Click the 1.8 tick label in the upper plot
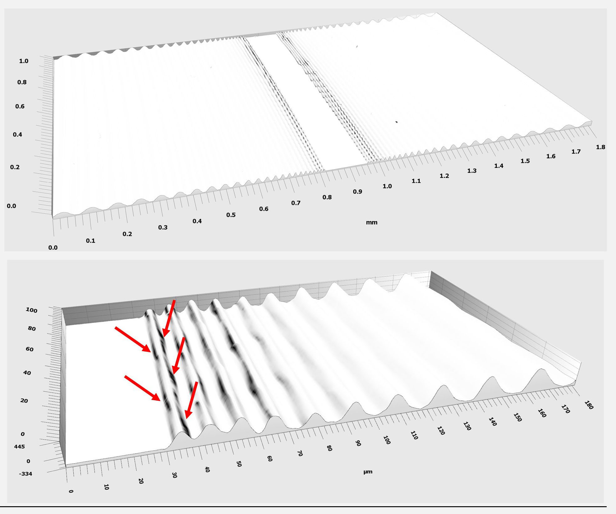pos(600,147)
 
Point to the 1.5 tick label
pos(525,161)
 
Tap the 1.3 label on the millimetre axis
pos(472,171)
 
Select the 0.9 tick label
pos(357,192)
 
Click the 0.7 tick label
pos(296,203)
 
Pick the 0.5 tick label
pos(231,215)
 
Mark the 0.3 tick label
pos(163,227)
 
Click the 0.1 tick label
pos(91,241)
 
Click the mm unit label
pos(372,222)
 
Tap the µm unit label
pos(368,472)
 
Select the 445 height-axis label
pos(19,447)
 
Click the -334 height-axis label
pos(25,474)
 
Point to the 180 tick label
pos(589,405)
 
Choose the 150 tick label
pos(517,417)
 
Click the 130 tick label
pos(467,426)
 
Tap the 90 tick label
pos(358,443)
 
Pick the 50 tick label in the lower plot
pos(239,464)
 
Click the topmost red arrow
pos(169,319)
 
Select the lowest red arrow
pos(191,400)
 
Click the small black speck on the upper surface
pos(397,122)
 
